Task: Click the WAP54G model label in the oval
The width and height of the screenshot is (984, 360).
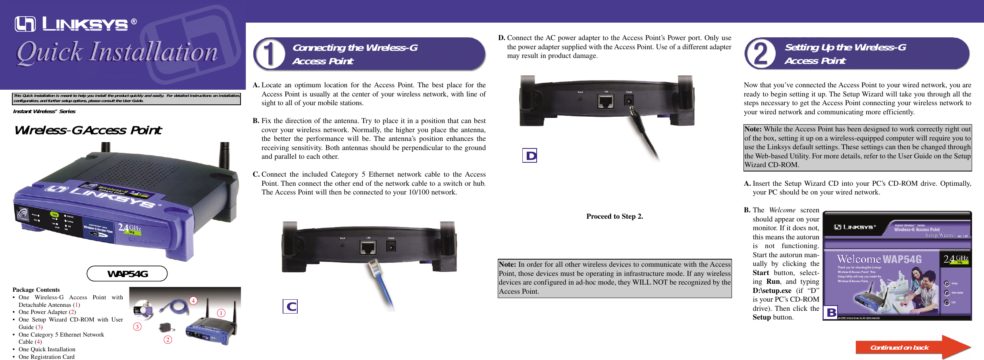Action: tap(127, 274)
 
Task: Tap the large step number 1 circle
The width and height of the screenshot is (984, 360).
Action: tap(270, 54)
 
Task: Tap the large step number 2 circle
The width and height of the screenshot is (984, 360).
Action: tap(761, 54)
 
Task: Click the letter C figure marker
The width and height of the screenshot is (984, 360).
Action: tap(290, 306)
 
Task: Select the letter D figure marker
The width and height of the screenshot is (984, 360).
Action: tap(530, 156)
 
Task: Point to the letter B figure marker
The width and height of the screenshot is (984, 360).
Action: tap(831, 312)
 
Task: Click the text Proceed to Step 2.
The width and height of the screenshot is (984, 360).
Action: tap(614, 216)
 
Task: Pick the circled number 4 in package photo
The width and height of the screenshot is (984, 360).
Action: tap(193, 300)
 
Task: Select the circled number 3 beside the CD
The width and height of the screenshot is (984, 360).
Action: tap(137, 327)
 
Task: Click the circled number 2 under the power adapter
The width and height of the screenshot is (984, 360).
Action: tap(168, 340)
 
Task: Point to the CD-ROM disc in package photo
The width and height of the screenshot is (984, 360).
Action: tap(143, 310)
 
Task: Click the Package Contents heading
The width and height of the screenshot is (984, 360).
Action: tap(36, 290)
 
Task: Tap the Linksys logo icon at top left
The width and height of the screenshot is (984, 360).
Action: tap(25, 24)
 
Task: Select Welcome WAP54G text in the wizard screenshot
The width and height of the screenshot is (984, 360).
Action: tap(879, 260)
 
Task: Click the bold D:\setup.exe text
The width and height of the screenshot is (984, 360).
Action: tap(772, 291)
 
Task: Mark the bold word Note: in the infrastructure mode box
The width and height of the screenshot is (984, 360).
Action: tap(507, 264)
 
